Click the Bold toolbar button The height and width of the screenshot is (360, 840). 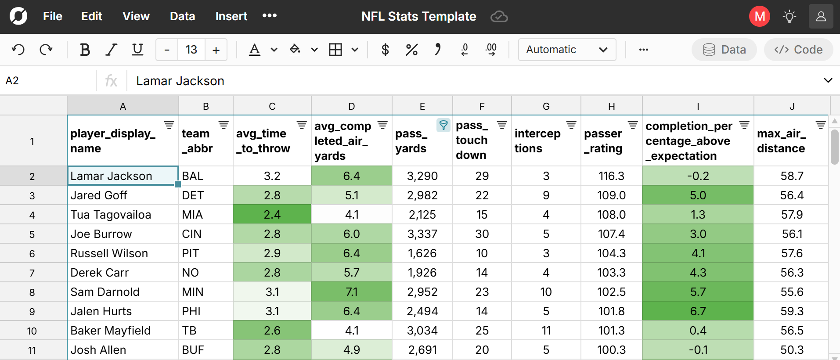click(85, 50)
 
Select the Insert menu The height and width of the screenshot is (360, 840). click(231, 16)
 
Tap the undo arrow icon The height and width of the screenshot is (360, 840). click(18, 50)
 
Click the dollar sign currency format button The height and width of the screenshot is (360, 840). click(385, 50)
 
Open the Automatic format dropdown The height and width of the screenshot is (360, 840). click(567, 50)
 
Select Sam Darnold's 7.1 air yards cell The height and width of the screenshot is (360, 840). click(351, 292)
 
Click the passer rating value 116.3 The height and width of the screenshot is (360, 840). click(611, 176)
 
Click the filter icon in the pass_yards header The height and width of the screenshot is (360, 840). click(443, 125)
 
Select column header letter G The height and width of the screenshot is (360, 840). click(546, 106)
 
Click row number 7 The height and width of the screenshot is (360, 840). click(32, 273)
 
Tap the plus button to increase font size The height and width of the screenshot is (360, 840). click(216, 50)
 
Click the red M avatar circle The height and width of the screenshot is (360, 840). click(759, 16)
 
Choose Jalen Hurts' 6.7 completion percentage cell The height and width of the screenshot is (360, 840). click(698, 311)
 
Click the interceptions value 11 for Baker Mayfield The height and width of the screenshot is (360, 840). click(546, 331)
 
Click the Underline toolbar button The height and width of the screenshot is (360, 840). click(137, 50)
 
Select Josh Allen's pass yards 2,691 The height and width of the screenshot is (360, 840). click(422, 350)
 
